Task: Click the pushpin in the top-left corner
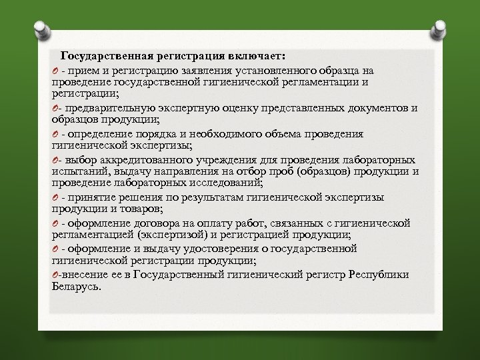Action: point(41,28)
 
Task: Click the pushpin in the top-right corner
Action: point(440,28)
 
